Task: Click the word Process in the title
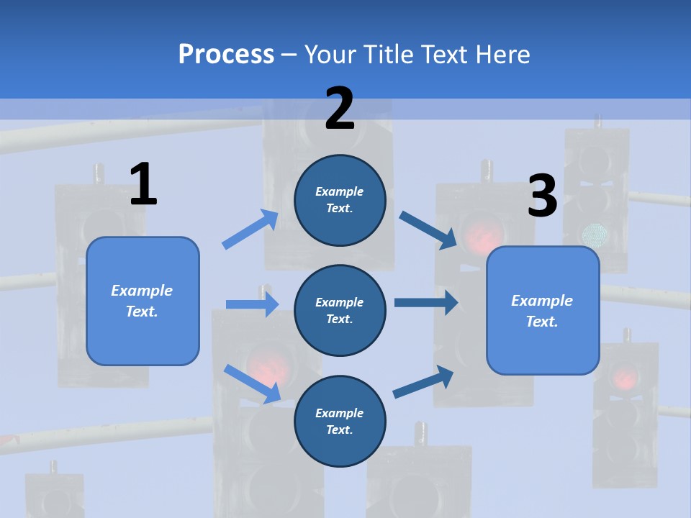(226, 54)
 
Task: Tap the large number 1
(143, 184)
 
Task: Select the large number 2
(340, 108)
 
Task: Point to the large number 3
(542, 196)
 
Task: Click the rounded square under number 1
(143, 301)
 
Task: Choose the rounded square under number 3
(543, 311)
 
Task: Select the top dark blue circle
(340, 200)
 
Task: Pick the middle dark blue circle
(340, 310)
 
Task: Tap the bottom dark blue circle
(340, 421)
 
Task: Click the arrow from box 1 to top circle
(251, 230)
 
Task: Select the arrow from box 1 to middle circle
(252, 304)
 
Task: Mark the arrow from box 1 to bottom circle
(252, 383)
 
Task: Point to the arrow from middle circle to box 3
(425, 303)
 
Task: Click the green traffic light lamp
(595, 234)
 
